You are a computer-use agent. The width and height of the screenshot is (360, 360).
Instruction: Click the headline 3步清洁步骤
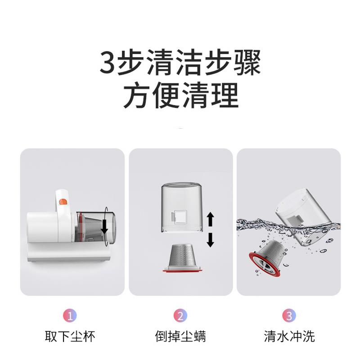point(180,63)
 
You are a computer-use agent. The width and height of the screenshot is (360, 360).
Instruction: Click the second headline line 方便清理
point(181,95)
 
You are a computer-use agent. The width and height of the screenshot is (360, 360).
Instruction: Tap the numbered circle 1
point(70,315)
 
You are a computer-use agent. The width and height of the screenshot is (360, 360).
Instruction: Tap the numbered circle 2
point(180,315)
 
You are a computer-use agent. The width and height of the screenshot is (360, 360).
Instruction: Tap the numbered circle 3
point(289,315)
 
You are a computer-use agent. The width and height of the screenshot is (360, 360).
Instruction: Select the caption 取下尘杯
point(70,337)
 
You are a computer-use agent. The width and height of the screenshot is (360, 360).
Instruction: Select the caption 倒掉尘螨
point(180,337)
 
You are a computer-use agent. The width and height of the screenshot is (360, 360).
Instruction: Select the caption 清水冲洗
point(289,337)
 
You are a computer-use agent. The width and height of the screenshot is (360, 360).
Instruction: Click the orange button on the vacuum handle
point(63,202)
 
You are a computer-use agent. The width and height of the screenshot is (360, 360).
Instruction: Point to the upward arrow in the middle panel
point(211,219)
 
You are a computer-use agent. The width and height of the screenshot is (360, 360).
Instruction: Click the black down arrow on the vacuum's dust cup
point(104,226)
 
